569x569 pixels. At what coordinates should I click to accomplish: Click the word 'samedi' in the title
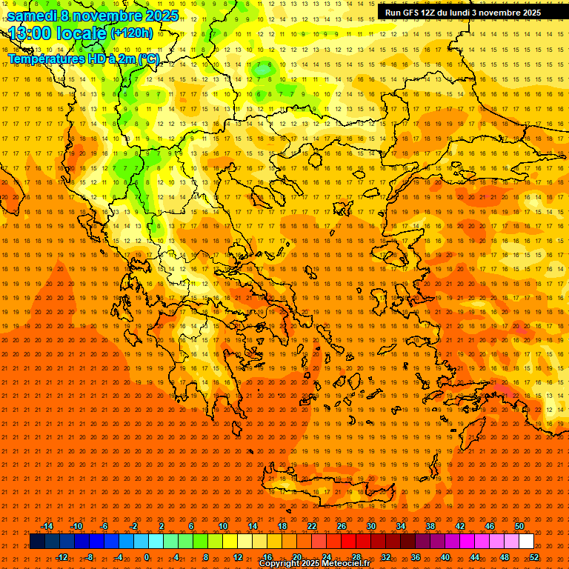click(31, 16)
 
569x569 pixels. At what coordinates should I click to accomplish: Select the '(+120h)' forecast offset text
click(132, 33)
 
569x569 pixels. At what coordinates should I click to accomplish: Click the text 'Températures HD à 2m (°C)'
click(83, 58)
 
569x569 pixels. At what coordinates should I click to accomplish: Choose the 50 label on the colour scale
click(519, 526)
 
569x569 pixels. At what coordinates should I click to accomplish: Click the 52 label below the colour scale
click(534, 557)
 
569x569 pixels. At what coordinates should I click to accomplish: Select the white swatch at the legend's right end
click(527, 542)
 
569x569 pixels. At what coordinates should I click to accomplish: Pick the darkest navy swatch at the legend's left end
click(38, 542)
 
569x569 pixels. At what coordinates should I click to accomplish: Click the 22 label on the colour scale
click(312, 526)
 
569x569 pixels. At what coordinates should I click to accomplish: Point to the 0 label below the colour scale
click(147, 557)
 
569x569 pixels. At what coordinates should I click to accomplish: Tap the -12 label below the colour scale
click(61, 557)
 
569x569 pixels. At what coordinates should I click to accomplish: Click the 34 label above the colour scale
click(401, 526)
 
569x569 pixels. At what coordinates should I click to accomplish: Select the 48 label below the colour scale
click(505, 557)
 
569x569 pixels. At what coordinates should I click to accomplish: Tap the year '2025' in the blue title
click(162, 16)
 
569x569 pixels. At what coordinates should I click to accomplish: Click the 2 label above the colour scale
click(162, 526)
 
